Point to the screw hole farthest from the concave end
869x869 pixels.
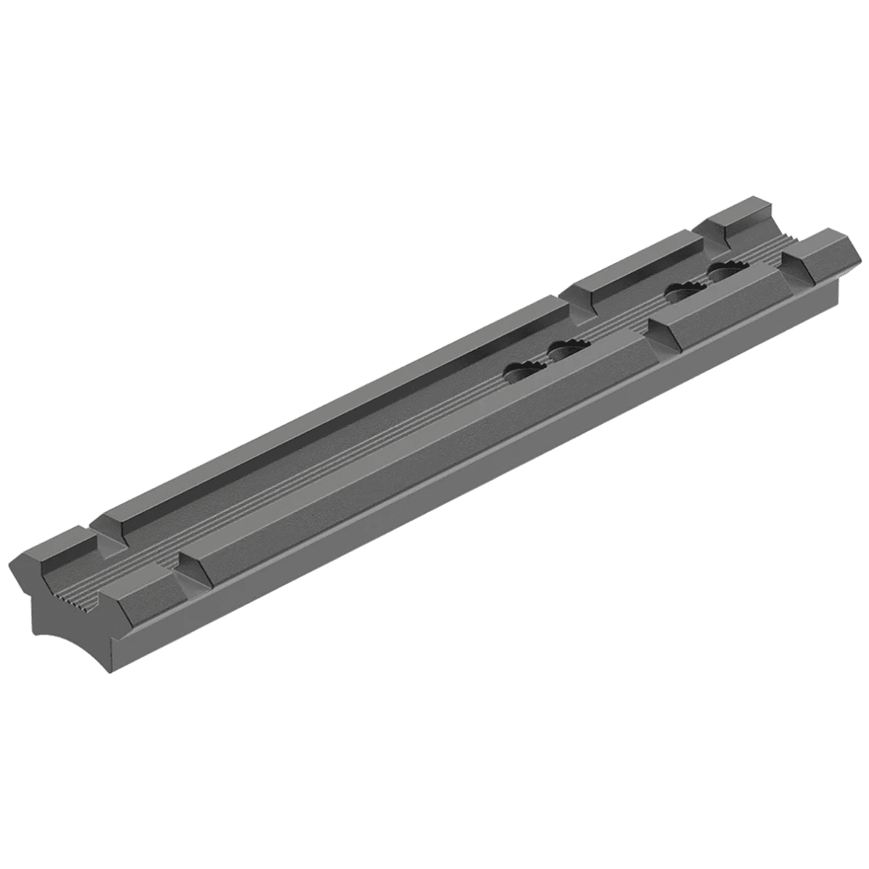(728, 272)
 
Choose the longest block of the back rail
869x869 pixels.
(333, 406)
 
